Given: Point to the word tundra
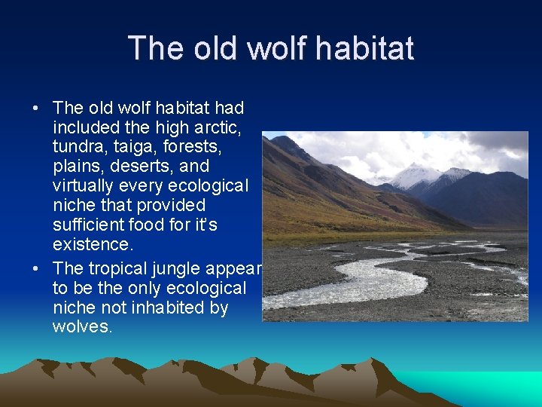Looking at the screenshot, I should (76, 147).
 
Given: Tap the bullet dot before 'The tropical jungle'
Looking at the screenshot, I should (35, 268).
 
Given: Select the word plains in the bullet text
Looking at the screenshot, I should (77, 166).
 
